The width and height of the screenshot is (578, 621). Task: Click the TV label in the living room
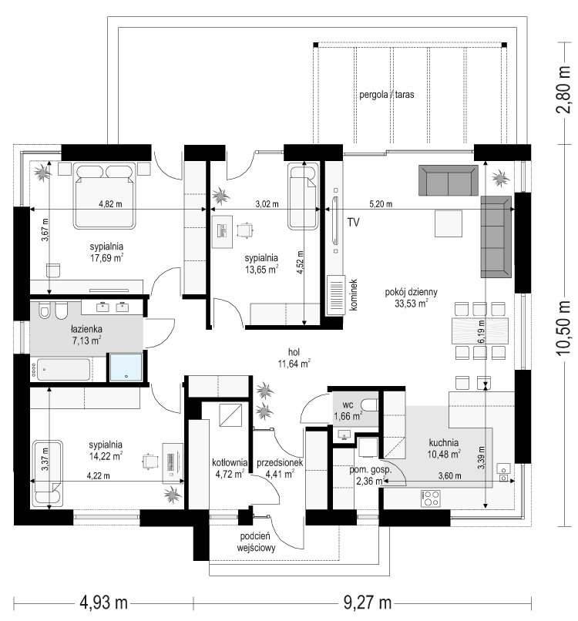pyautogui.click(x=354, y=223)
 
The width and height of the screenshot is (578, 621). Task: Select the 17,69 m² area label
pyautogui.click(x=106, y=258)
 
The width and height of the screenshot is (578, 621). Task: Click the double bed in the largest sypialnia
pyautogui.click(x=105, y=195)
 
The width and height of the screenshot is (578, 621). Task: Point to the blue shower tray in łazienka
pyautogui.click(x=126, y=368)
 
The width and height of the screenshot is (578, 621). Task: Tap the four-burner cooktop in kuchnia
pyautogui.click(x=431, y=498)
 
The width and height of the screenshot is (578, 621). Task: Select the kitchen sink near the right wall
pyautogui.click(x=503, y=472)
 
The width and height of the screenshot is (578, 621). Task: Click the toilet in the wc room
pyautogui.click(x=371, y=405)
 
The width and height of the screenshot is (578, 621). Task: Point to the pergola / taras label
pyautogui.click(x=387, y=95)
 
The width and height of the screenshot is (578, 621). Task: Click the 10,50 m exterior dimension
pyautogui.click(x=563, y=328)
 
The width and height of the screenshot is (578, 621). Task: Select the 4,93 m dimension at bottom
pyautogui.click(x=104, y=603)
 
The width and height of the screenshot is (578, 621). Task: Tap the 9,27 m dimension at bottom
pyautogui.click(x=368, y=603)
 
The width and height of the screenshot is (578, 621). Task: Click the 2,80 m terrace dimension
pyautogui.click(x=563, y=90)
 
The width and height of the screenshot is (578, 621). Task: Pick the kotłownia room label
pyautogui.click(x=230, y=462)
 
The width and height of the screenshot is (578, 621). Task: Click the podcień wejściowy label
pyautogui.click(x=256, y=542)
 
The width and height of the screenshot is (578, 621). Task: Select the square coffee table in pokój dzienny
pyautogui.click(x=449, y=223)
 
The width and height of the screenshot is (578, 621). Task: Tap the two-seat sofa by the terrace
pyautogui.click(x=449, y=180)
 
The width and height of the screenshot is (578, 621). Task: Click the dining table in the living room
pyautogui.click(x=480, y=331)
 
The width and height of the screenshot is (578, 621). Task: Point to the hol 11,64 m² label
pyautogui.click(x=294, y=358)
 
